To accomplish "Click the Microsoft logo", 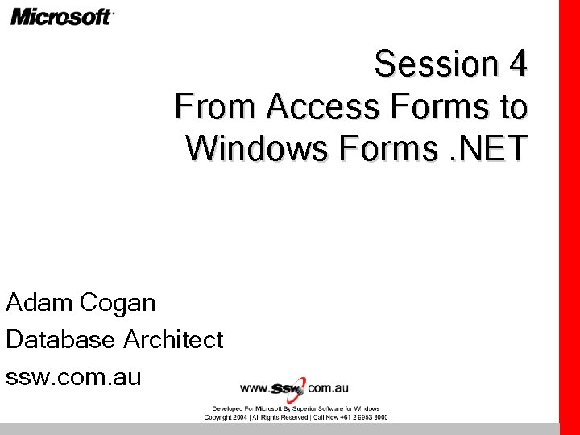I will tap(62, 16).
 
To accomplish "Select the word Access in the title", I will tap(323, 106).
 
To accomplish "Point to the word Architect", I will tap(172, 339).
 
